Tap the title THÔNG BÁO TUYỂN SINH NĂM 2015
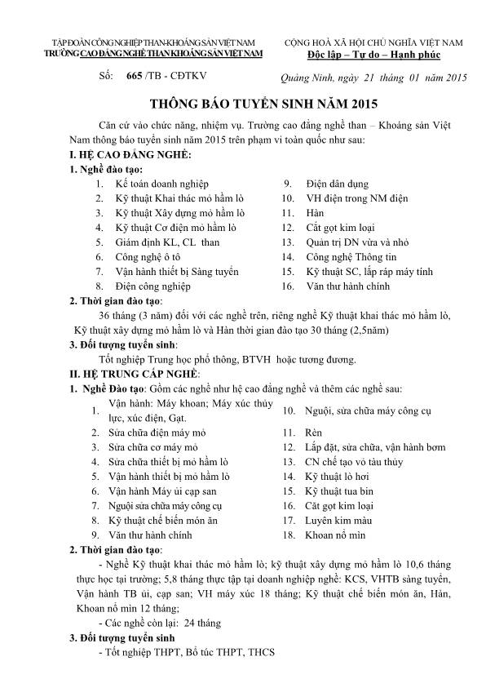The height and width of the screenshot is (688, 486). tap(242, 104)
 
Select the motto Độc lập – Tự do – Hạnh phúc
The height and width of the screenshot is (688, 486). tap(373, 54)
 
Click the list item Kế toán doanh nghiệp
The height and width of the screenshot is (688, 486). tap(162, 184)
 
